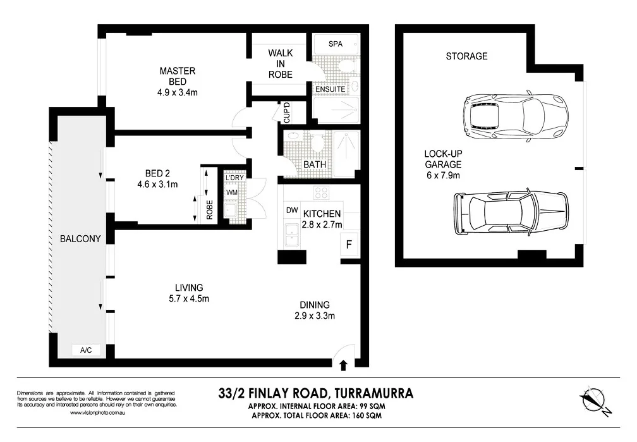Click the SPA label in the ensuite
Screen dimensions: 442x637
click(x=336, y=44)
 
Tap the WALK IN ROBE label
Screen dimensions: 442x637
click(x=280, y=64)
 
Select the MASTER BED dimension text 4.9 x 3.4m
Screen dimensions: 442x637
click(x=178, y=92)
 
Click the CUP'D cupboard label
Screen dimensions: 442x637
click(x=286, y=112)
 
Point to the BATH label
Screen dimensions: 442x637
click(x=315, y=164)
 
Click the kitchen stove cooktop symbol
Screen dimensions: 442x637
click(x=321, y=194)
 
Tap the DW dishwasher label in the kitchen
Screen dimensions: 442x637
click(x=291, y=210)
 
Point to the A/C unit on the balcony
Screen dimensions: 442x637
click(x=86, y=350)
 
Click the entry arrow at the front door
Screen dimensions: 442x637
click(x=343, y=365)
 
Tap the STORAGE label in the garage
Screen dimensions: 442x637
click(x=466, y=56)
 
